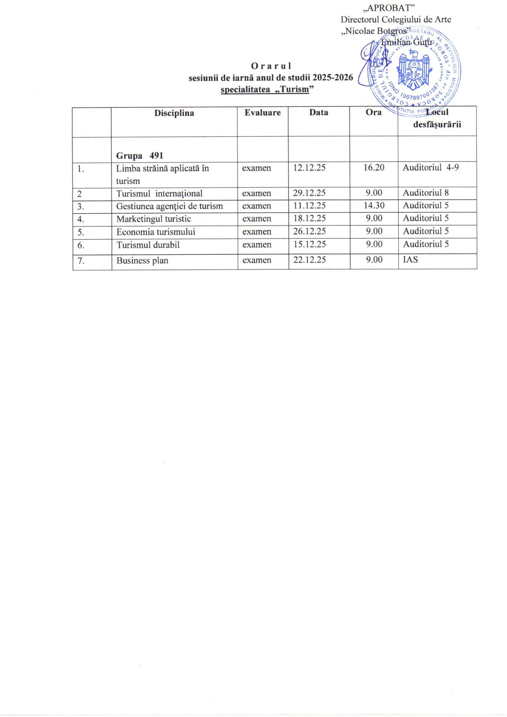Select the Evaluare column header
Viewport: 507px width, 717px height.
tap(262, 113)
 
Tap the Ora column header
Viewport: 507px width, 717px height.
tap(373, 113)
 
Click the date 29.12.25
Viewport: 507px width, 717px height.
tap(309, 193)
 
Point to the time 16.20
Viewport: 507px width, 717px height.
tap(374, 168)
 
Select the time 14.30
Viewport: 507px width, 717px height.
tap(374, 206)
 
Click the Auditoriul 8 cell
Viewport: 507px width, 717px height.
tap(425, 193)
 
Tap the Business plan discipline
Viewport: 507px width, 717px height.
tap(142, 260)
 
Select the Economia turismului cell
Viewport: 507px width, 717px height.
tap(156, 232)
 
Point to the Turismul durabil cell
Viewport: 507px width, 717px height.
tap(148, 245)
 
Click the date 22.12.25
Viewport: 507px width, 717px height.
tap(310, 260)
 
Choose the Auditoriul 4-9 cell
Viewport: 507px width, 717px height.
tap(430, 167)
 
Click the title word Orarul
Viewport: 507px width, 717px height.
tap(271, 66)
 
